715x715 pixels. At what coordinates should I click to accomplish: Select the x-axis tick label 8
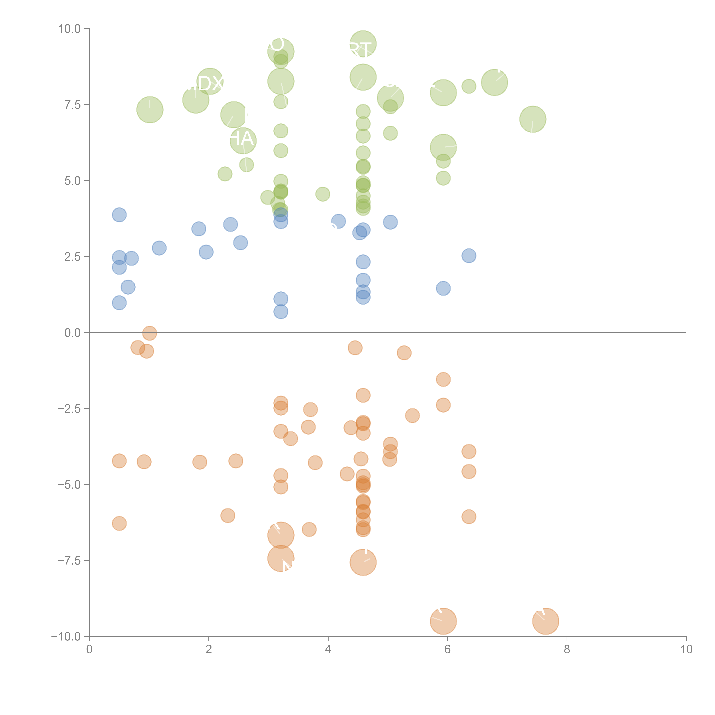(x=567, y=649)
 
